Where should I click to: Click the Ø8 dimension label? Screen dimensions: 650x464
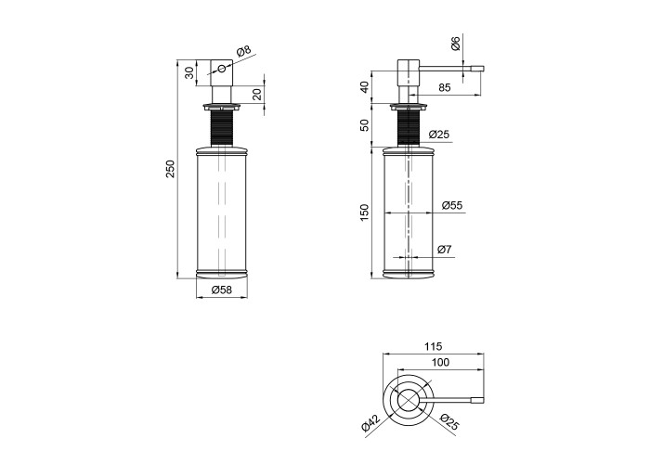243,51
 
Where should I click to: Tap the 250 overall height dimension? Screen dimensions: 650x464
171,169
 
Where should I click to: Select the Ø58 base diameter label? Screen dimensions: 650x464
222,290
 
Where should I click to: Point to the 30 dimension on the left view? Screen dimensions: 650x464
189,73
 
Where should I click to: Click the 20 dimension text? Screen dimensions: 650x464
257,94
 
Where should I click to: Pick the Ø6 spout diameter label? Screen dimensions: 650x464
455,44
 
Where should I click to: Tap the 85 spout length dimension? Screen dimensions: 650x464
444,87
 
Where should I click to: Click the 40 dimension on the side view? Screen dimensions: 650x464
364,87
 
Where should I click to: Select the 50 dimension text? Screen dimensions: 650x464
364,124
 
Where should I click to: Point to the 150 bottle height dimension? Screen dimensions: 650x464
364,213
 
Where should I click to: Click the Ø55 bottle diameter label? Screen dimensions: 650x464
452,205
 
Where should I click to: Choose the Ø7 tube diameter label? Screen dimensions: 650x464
445,250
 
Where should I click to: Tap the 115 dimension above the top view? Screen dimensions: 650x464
434,346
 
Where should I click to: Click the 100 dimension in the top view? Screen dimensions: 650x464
440,363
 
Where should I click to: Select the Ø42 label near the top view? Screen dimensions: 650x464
371,423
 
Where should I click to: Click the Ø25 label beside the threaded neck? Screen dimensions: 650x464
438,135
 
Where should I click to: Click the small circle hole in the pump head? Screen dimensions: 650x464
222,68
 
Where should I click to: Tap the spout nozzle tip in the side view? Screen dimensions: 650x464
476,69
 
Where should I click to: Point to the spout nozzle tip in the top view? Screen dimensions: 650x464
476,401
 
